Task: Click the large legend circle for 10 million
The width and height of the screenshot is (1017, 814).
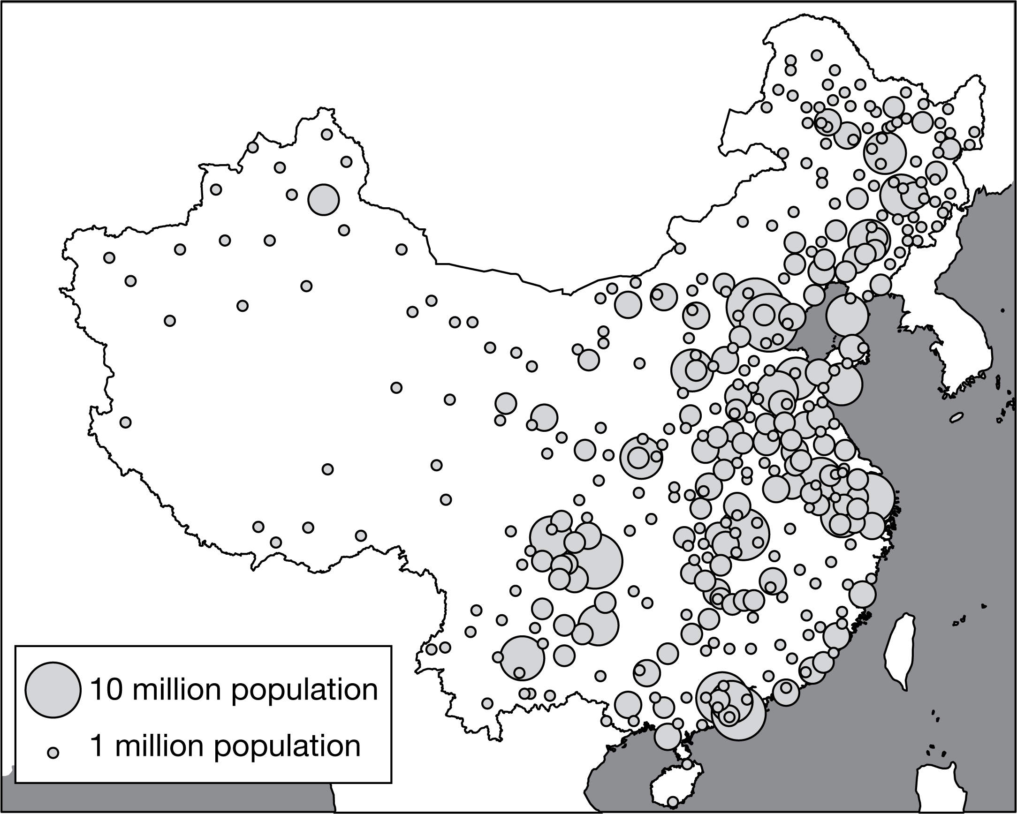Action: [x=53, y=689]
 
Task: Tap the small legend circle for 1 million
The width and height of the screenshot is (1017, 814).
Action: [x=53, y=753]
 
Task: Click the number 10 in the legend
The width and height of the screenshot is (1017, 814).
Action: [x=103, y=689]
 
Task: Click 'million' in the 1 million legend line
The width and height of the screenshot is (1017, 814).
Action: [x=160, y=746]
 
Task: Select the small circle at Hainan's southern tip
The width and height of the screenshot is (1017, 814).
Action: [x=673, y=801]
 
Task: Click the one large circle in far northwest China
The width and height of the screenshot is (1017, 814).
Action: [x=324, y=199]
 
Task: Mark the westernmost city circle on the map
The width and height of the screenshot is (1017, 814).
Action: [x=109, y=258]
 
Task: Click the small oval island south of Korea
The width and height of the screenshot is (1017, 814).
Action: [x=956, y=417]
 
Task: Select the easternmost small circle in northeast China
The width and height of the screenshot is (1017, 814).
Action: [x=974, y=132]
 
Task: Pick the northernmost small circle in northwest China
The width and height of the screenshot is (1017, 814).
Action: [x=327, y=135]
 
